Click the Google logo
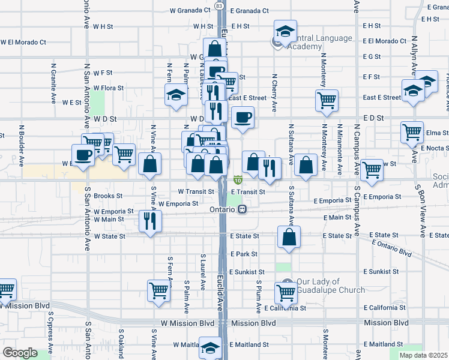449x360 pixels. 20,353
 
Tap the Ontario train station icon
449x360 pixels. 242,209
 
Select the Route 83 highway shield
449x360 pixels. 220,5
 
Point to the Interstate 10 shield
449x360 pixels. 238,179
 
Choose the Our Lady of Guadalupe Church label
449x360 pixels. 330,286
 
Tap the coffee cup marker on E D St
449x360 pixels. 243,116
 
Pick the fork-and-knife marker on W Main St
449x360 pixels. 148,220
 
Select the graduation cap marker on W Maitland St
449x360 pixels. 211,347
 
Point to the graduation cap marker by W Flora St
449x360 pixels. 176,94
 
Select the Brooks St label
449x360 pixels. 108,196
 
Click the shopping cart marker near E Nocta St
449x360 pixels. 412,131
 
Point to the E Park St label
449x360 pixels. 244,254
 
